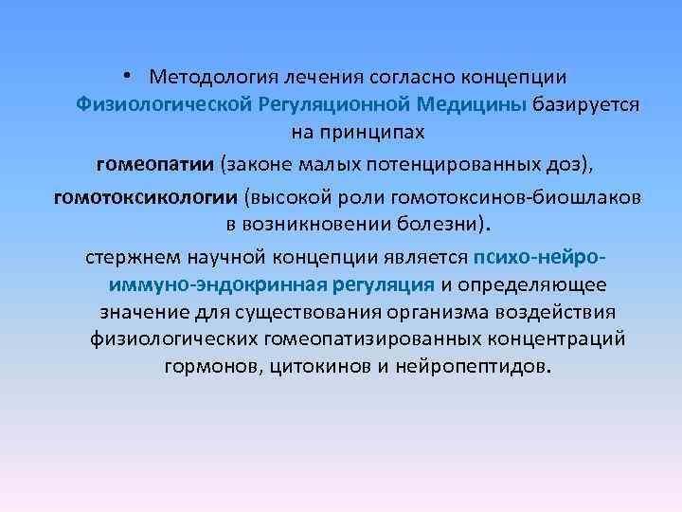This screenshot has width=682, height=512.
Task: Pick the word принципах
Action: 385,131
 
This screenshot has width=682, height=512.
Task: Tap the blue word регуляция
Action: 389,284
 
